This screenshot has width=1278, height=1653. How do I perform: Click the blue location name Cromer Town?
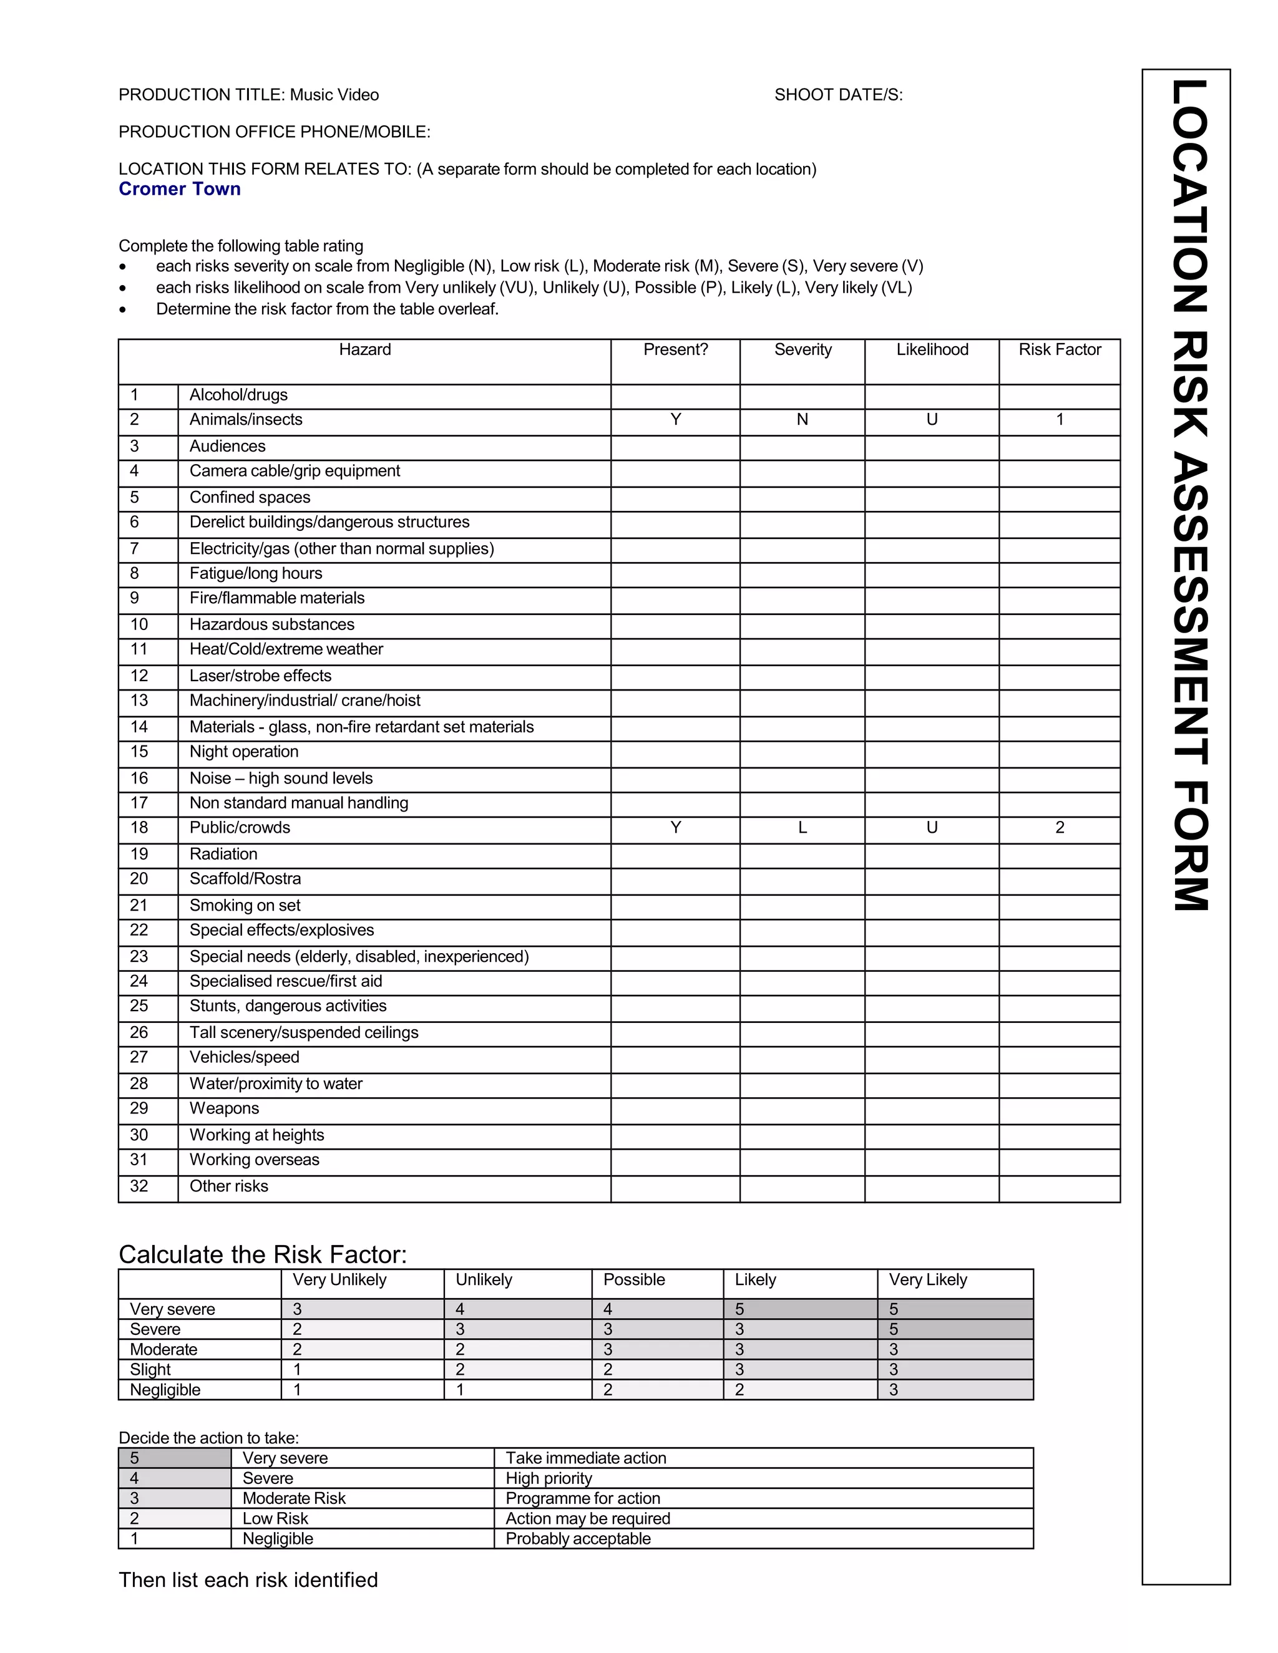coord(180,189)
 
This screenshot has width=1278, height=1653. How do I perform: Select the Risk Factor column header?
coord(1059,350)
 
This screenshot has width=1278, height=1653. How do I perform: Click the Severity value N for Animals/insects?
coord(802,420)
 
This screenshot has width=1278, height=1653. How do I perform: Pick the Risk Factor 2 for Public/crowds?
coord(1059,828)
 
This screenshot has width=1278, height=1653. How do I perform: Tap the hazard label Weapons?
coord(224,1109)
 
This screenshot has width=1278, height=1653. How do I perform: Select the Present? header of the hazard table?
coord(675,350)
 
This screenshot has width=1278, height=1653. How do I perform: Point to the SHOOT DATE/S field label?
coord(838,95)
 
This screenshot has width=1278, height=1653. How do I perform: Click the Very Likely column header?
coord(927,1280)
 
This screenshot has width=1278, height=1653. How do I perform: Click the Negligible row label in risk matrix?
coord(165,1390)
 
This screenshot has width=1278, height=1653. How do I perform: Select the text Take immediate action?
coord(585,1458)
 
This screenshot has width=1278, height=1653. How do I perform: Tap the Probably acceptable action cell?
coord(578,1539)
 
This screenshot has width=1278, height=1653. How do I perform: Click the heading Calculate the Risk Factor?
coord(263,1255)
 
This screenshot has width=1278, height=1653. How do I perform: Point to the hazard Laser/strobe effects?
coord(260,676)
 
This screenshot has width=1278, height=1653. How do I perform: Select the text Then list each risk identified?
coord(248,1581)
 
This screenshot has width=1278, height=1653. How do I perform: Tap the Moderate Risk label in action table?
coord(294,1498)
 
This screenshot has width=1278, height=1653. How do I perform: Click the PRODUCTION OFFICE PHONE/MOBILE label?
coord(274,132)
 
